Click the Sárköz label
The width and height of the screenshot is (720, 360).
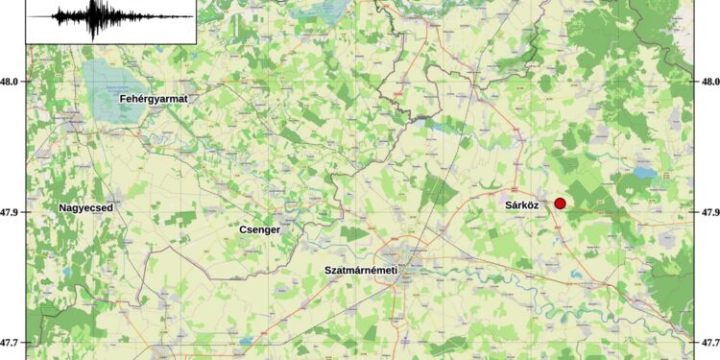pos(524,205)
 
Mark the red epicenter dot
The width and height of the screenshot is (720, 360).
pos(561,203)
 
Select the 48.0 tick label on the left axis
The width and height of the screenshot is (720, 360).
pos(12,83)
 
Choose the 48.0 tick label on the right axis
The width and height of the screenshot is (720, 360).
pos(708,83)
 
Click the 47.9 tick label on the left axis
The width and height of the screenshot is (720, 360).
pos(12,212)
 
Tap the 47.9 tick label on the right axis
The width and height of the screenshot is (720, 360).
pos(708,212)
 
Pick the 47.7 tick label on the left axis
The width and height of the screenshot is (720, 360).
pos(12,342)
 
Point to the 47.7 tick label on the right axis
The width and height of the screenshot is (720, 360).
pos(708,342)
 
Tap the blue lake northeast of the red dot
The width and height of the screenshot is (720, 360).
pos(641,175)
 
